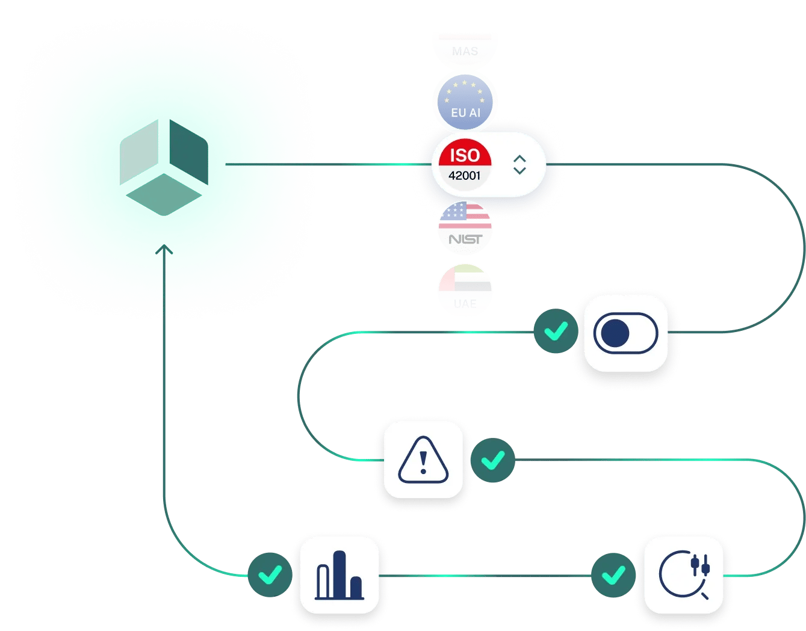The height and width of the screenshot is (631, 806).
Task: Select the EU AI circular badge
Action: pos(465,102)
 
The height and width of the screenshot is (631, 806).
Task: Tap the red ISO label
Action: pos(465,155)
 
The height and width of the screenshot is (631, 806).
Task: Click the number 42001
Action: pos(465,176)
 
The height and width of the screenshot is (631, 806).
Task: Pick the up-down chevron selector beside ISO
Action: pos(519,164)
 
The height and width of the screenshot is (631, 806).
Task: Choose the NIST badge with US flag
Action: pos(465,228)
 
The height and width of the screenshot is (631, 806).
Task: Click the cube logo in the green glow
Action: pos(164,168)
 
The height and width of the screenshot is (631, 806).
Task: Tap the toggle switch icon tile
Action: pos(626,333)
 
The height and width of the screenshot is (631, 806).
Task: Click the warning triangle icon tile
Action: pos(423,460)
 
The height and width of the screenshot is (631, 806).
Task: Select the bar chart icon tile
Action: pos(339,575)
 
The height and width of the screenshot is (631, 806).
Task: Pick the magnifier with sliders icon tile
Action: pos(684,575)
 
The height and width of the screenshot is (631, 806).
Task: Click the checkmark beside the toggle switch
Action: pos(555,331)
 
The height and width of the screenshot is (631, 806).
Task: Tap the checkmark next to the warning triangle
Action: pos(493,461)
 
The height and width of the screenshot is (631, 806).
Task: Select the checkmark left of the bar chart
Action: pos(270,575)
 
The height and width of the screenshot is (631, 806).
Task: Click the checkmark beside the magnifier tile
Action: pos(613,575)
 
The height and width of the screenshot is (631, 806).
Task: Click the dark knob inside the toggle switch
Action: pos(615,333)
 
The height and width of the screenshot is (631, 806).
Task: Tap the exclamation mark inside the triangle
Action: pos(423,462)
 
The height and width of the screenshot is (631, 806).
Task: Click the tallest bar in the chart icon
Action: pos(340,574)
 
